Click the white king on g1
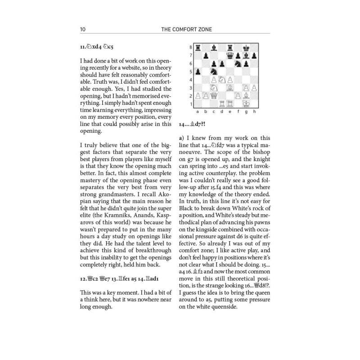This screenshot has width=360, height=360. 247,104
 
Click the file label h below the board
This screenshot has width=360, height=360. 255,111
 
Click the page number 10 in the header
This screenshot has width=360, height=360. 83,30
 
